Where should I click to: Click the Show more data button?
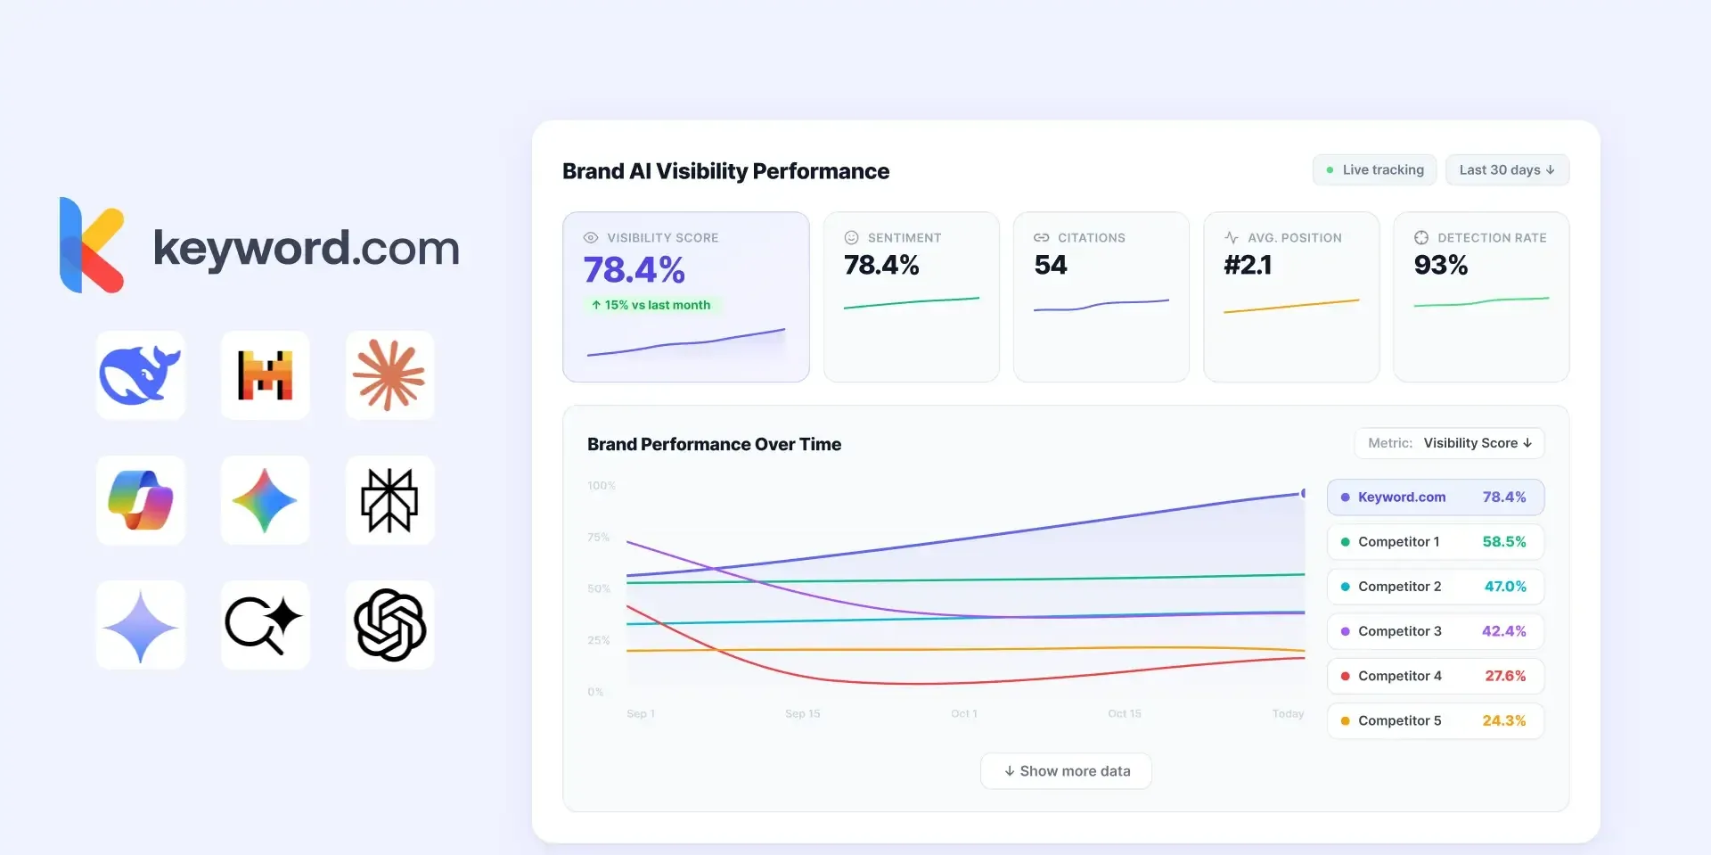click(1066, 771)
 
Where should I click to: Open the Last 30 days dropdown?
click(1507, 170)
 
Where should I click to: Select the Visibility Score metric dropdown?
click(1450, 443)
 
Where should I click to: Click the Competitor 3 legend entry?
click(1435, 631)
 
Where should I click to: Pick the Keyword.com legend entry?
click(1435, 497)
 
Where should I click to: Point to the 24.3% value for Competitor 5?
click(1503, 720)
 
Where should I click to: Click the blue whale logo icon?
click(140, 375)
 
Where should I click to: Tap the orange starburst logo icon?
click(389, 375)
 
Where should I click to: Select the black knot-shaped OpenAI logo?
click(389, 625)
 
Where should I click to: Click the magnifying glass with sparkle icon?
click(265, 625)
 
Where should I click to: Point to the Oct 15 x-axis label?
click(1124, 713)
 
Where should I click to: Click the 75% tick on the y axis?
click(598, 538)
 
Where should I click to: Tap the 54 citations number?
click(1050, 266)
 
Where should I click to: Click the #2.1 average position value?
click(1248, 266)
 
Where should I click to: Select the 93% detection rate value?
click(1440, 266)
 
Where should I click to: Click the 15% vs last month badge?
click(651, 305)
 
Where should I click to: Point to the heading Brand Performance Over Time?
click(714, 444)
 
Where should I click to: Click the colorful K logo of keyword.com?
click(91, 245)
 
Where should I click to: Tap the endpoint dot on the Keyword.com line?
click(1304, 493)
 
